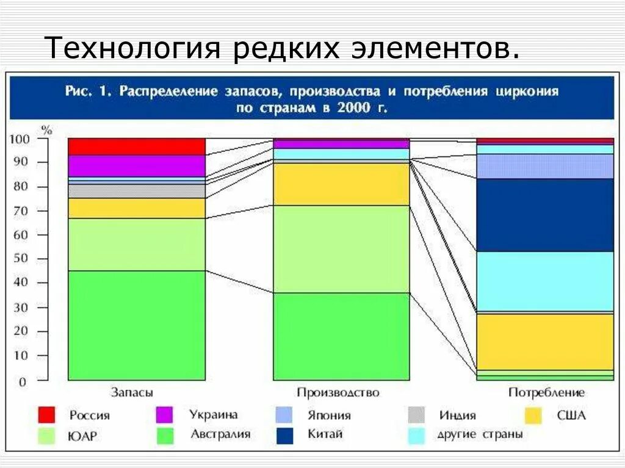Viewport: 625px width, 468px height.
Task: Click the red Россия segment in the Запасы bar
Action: point(136,146)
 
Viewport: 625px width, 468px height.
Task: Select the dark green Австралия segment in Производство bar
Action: point(341,336)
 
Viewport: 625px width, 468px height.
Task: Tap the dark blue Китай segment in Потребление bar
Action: point(544,215)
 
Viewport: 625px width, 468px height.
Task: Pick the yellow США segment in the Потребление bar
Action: point(544,342)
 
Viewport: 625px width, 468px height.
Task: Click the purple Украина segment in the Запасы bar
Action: point(136,165)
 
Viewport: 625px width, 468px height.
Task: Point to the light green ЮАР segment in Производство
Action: point(341,249)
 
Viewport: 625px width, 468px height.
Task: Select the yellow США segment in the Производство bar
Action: point(341,184)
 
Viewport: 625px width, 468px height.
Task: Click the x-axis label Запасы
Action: point(132,392)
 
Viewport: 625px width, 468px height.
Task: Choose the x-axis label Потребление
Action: point(546,392)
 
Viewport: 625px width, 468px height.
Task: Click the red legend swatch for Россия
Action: point(46,415)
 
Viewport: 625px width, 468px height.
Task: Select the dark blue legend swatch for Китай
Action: point(284,435)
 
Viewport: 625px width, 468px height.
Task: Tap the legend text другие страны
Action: point(479,435)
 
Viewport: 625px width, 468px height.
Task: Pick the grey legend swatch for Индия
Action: point(416,415)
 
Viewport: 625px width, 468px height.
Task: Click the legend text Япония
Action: point(328,416)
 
